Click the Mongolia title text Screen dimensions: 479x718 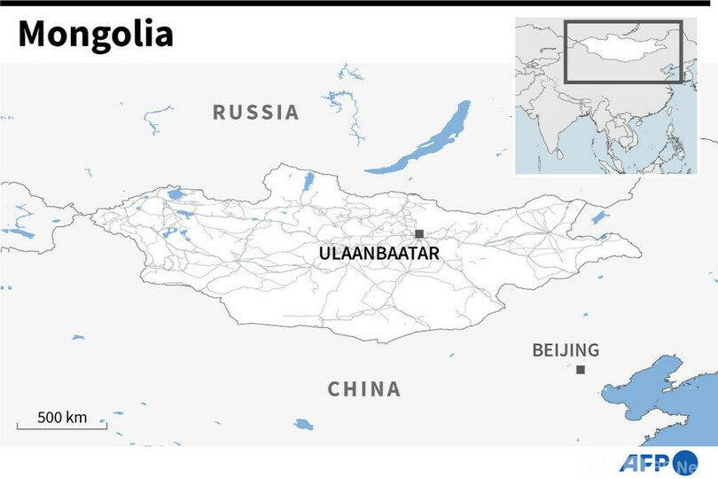click(x=96, y=35)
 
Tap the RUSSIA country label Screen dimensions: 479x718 click(x=256, y=113)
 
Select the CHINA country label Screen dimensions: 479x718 click(x=364, y=389)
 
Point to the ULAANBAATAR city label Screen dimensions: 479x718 click(x=379, y=254)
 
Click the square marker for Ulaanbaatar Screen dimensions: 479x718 click(x=419, y=234)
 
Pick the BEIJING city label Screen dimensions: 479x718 click(x=566, y=349)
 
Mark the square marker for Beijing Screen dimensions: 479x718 click(x=581, y=370)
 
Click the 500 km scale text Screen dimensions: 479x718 click(x=62, y=417)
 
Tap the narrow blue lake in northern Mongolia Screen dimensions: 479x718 click(x=308, y=184)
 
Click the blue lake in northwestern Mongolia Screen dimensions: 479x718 click(x=175, y=192)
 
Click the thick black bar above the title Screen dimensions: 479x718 click(x=359, y=3)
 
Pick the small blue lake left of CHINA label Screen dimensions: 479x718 click(x=304, y=423)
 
